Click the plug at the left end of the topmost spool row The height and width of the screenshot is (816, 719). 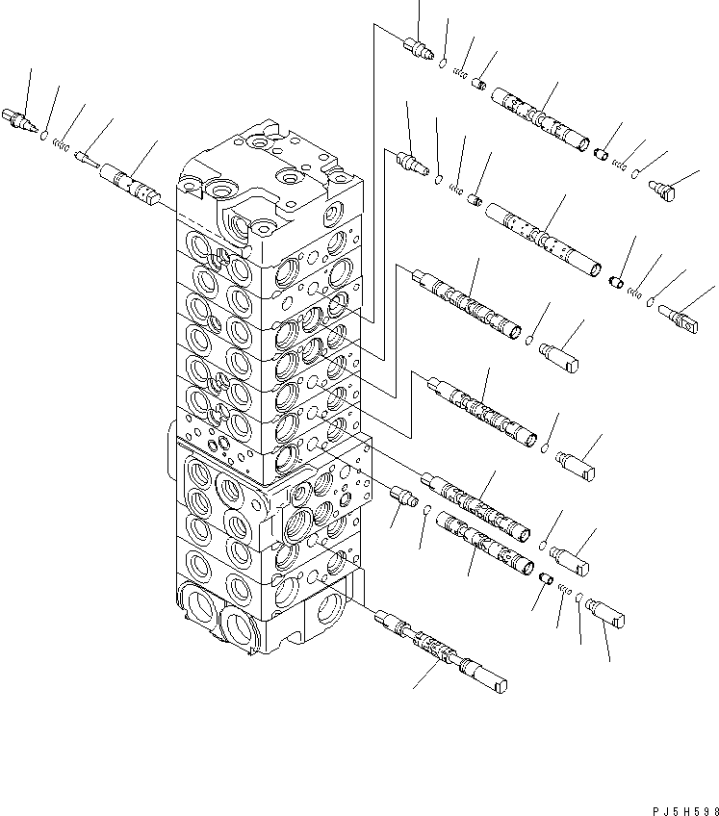click(422, 48)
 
